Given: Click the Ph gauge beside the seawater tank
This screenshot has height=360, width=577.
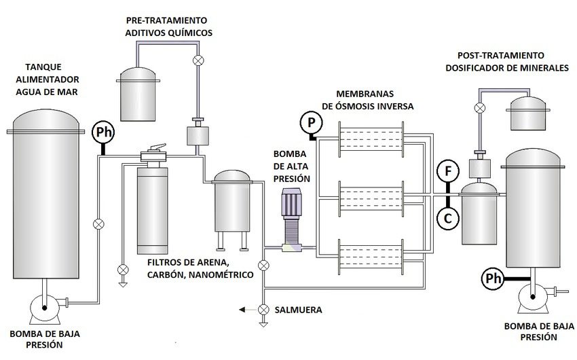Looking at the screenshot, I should tap(103, 130).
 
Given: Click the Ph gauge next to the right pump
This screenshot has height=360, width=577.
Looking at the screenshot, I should tap(493, 278).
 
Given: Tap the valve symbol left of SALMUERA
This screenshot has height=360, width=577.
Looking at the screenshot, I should tap(263, 310).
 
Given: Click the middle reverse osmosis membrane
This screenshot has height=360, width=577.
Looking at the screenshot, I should tap(371, 198).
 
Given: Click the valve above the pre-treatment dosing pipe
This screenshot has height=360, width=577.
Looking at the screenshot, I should tap(198, 61).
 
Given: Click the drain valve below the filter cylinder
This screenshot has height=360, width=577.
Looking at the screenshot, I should tap(122, 270).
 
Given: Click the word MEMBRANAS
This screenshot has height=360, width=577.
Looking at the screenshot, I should tap(367, 93).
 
